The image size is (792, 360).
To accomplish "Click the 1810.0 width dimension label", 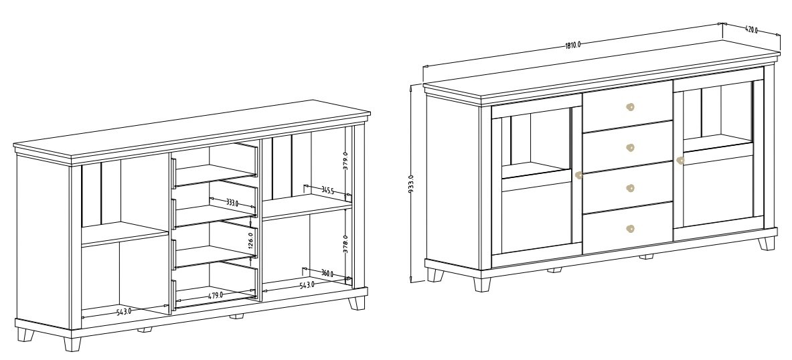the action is (x=573, y=44).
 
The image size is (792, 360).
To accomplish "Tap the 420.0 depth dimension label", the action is (x=751, y=30).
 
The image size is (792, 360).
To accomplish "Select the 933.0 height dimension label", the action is (x=410, y=184).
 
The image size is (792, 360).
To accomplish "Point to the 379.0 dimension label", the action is (x=345, y=161).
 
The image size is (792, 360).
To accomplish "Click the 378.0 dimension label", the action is (x=345, y=244).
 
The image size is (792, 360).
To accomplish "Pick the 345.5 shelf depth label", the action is (x=328, y=190).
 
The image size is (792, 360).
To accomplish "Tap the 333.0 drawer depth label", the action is (x=232, y=203).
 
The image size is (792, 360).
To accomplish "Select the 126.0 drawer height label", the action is (x=250, y=240).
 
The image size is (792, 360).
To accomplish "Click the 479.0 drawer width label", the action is (x=216, y=295).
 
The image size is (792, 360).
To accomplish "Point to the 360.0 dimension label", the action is (x=327, y=273).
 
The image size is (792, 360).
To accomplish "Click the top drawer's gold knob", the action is (x=630, y=107).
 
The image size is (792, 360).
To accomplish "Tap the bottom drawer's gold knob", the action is (x=630, y=229).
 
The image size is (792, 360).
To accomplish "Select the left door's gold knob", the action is (x=579, y=175).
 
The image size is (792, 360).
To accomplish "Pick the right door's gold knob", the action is (x=680, y=161).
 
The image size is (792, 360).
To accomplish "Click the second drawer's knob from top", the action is (x=630, y=147).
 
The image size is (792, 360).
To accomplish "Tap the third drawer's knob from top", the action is (x=630, y=188).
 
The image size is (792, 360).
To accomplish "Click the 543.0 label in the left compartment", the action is (x=124, y=312).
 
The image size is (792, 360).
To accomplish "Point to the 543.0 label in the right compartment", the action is (x=307, y=285).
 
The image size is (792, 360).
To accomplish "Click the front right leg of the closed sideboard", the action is (x=767, y=244).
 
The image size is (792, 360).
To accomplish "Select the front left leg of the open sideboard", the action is (x=72, y=345).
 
